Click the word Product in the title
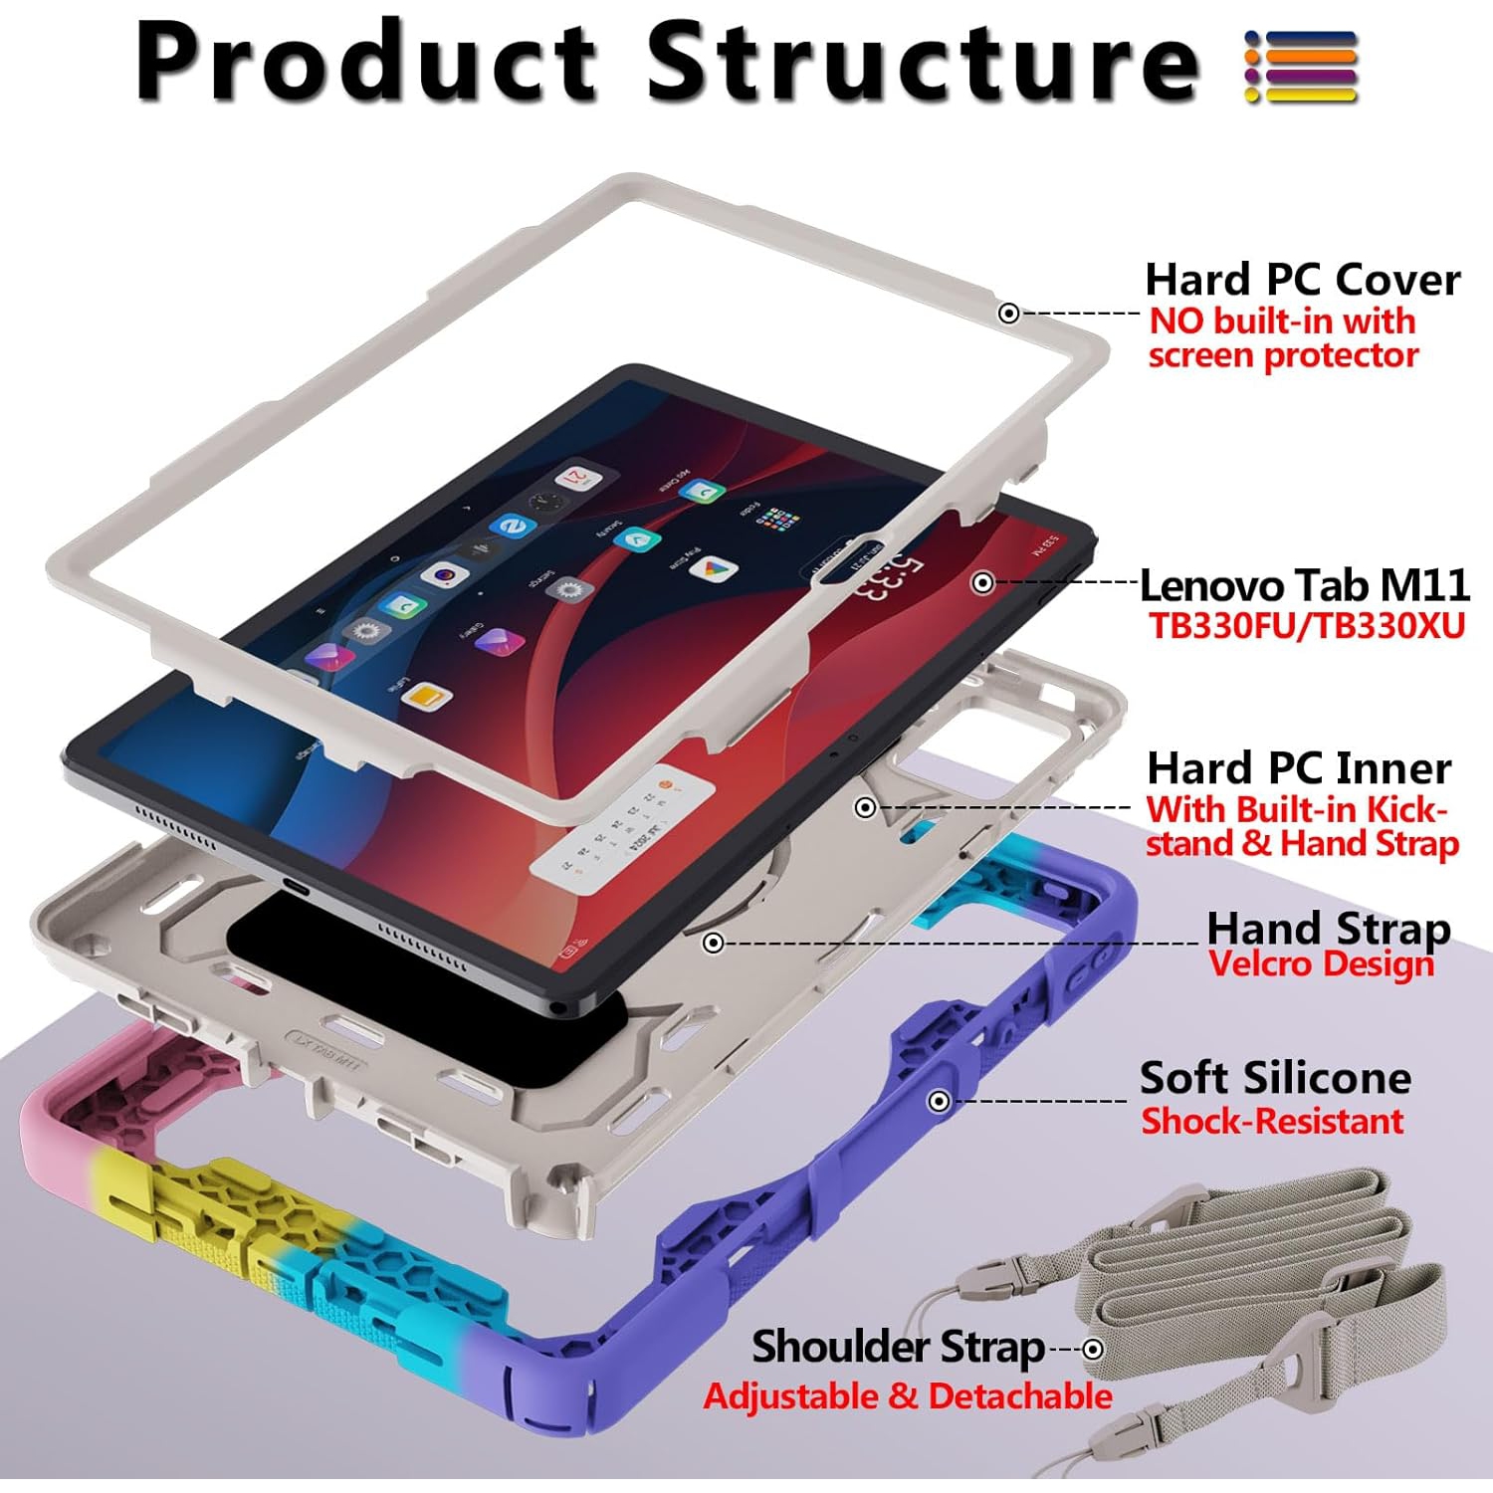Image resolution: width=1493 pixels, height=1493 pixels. pos(366,62)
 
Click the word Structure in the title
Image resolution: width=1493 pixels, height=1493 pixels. pos(924,62)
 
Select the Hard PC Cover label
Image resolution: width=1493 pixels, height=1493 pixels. pos(1302,280)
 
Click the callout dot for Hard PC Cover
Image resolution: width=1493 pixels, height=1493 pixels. pos(1008,314)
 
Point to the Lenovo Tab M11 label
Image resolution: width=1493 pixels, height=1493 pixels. pos(1304,585)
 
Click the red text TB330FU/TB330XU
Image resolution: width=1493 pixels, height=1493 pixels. pos(1306,626)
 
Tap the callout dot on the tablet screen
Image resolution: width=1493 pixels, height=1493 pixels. pos(982,582)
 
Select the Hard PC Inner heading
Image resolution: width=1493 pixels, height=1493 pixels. pos(1298,768)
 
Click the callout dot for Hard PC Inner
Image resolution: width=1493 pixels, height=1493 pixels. pos(866,807)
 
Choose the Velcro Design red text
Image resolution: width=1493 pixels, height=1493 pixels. pos(1321,963)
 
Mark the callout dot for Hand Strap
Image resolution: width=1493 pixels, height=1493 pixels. pos(713,943)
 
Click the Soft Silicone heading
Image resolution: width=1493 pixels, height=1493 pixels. pos(1275,1078)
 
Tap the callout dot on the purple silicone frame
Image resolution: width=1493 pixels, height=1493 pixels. pos(938,1101)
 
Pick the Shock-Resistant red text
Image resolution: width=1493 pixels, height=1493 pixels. pos(1271,1122)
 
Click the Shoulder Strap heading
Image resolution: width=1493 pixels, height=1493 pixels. pos(898,1347)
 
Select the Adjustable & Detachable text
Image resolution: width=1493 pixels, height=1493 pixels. pos(907,1396)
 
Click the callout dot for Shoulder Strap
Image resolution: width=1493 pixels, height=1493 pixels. pos(1093,1350)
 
